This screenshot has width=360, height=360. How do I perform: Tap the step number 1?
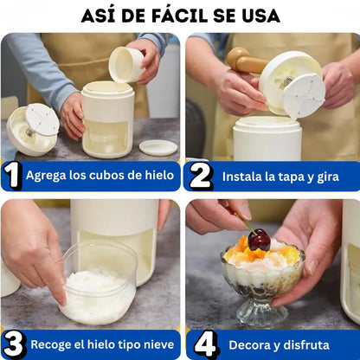click(x=12, y=176)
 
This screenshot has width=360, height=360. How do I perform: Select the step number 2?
click(x=200, y=176)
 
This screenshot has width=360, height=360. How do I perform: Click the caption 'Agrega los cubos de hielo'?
click(x=100, y=176)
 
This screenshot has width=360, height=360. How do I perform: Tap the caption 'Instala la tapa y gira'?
click(x=279, y=176)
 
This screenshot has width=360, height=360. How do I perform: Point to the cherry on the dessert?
click(x=259, y=240)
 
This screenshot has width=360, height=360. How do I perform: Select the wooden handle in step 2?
click(x=246, y=61)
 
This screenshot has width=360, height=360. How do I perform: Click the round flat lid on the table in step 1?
click(x=157, y=147)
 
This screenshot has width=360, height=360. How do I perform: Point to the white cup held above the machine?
click(x=126, y=64)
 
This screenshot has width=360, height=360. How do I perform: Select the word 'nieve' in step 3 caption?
click(x=156, y=344)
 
